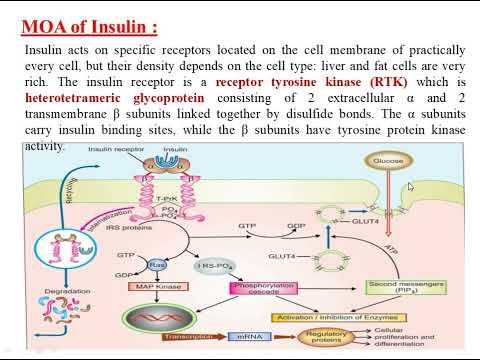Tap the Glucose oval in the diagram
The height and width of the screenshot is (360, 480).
coord(388,160)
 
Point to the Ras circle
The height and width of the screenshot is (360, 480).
coord(157,265)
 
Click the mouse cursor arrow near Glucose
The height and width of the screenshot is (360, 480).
coord(411,187)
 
